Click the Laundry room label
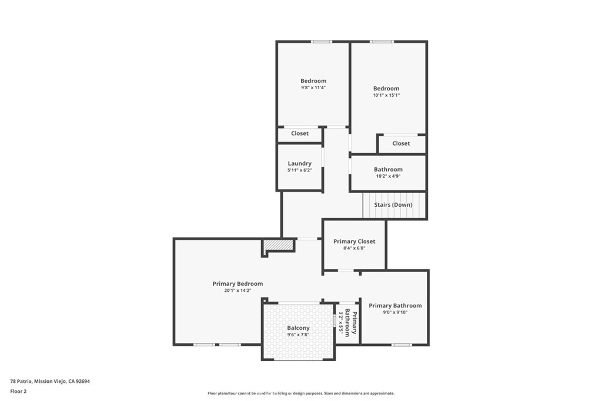click(299, 163)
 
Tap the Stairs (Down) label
click(393, 205)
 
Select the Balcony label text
click(298, 328)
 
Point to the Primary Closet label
click(354, 241)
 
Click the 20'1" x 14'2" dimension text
click(238, 290)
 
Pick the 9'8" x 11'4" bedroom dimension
click(313, 87)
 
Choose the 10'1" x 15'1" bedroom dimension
click(386, 95)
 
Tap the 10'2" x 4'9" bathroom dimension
click(388, 176)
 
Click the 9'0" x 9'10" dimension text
click(395, 312)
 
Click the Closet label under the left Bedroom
click(299, 133)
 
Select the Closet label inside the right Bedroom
click(401, 143)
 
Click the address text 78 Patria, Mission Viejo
click(50, 381)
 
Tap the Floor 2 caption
click(19, 390)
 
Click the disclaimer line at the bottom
click(300, 393)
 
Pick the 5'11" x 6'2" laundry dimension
click(299, 170)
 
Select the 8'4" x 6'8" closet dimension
click(354, 248)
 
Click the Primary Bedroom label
click(238, 284)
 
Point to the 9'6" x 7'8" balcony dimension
click(298, 334)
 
